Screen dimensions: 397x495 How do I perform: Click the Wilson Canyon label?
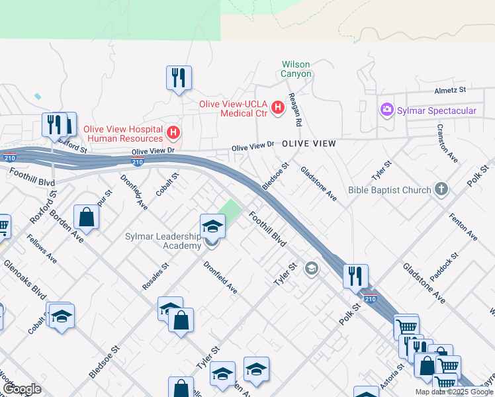[x=296, y=69]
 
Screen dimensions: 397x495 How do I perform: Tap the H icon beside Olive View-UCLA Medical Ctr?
[x=277, y=106]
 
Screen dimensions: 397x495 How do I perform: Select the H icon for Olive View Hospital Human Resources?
[x=173, y=133]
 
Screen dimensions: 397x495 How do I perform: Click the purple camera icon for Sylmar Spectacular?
[x=386, y=110]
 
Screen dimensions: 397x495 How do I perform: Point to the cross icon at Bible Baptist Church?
[x=441, y=190]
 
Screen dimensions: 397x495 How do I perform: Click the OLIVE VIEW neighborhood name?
[x=308, y=144]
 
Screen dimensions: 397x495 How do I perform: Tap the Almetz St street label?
[x=450, y=89]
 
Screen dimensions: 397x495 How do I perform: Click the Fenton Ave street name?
[x=463, y=226]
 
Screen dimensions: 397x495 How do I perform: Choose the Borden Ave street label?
[x=66, y=228]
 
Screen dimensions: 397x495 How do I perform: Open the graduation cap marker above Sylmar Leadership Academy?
[x=213, y=227]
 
